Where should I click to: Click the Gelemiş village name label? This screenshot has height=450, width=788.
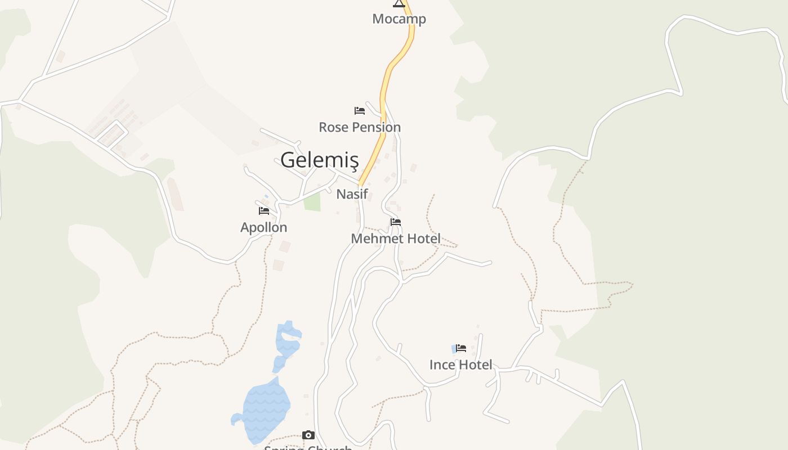point(319,160)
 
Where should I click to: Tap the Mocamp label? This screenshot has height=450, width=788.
point(399,19)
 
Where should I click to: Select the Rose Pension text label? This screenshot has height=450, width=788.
point(360,127)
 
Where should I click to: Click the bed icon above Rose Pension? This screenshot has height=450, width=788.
point(360,111)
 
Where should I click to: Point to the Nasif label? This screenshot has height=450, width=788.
point(352,194)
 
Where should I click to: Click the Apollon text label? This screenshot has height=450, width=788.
point(263,227)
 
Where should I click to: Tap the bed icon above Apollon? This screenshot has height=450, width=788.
point(264,211)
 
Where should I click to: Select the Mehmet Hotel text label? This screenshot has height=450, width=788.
point(396,238)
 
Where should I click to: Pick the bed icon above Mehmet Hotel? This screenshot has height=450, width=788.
point(396,222)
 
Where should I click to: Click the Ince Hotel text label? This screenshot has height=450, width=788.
point(460,364)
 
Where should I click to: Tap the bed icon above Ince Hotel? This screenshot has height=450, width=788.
point(461,348)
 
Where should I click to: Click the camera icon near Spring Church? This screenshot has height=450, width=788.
point(308,435)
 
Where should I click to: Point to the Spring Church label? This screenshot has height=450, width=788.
point(308,447)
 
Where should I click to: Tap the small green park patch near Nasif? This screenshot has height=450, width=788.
point(312,202)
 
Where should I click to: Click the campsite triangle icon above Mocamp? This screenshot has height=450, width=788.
point(399,3)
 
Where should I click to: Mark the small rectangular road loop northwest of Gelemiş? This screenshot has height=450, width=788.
point(112,134)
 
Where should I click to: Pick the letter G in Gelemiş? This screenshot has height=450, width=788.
point(288,160)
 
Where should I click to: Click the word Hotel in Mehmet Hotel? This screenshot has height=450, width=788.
point(422,238)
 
